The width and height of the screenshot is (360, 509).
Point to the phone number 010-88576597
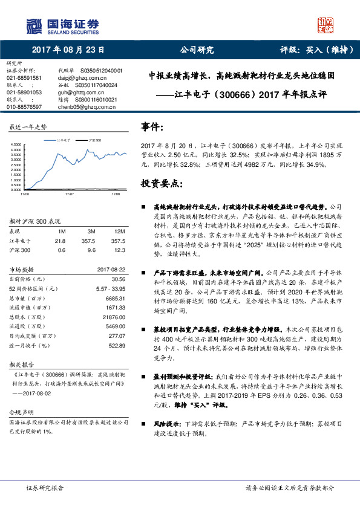tap(24, 106)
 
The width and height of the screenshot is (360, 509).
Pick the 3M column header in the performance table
tap(91, 231)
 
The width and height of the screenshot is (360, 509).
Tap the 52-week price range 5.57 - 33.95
tap(110, 288)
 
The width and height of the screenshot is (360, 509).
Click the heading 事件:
tap(152, 127)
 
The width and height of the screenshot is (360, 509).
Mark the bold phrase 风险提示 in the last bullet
tap(168, 424)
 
